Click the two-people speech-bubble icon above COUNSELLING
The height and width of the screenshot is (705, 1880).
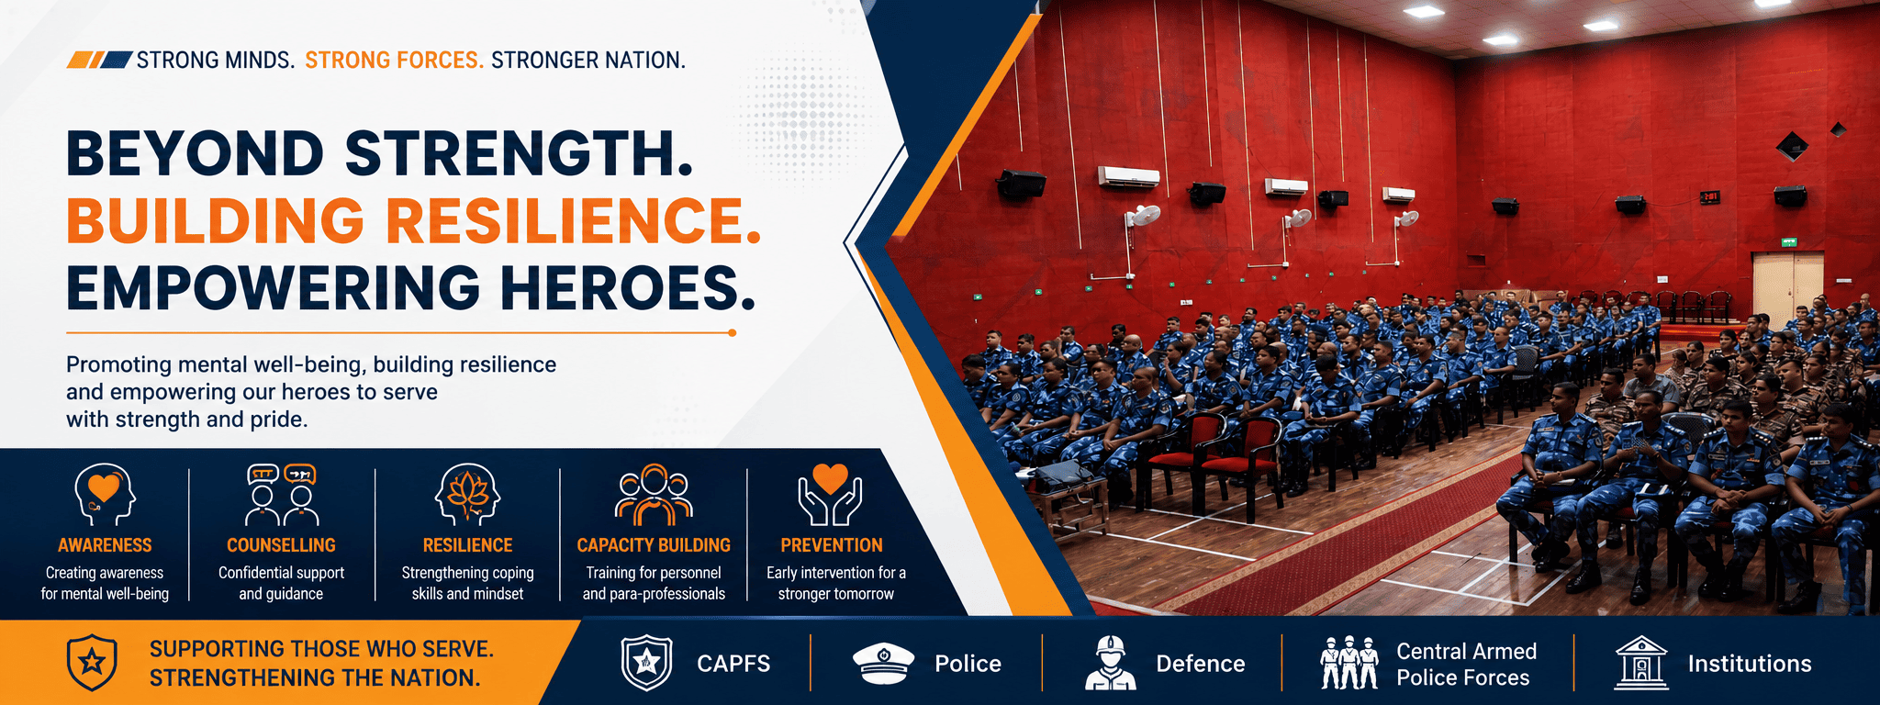point(281,495)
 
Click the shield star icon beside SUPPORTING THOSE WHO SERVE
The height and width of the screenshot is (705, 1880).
point(92,663)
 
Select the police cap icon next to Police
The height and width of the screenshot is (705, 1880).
point(883,664)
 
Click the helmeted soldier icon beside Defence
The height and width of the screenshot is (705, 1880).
point(1110,663)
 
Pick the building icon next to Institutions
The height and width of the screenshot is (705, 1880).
point(1641,663)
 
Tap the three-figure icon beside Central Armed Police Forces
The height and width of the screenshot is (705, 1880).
point(1348,663)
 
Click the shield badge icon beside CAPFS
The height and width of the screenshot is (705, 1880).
point(647,663)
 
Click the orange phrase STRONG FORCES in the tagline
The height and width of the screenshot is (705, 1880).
point(394,61)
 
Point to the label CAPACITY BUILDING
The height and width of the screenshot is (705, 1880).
point(654,545)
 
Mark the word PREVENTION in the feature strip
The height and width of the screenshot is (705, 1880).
point(832,545)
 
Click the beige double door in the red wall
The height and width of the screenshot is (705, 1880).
point(1787,285)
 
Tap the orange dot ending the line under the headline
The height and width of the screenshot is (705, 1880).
point(732,332)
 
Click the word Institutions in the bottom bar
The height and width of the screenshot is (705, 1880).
point(1750,664)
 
